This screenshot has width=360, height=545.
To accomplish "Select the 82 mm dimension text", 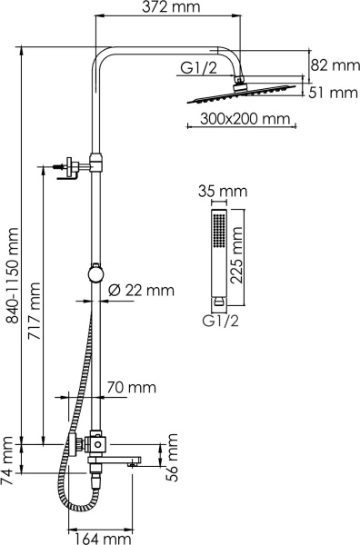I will pyautogui.click(x=331, y=65).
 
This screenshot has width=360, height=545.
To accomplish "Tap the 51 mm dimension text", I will pyautogui.click(x=331, y=92).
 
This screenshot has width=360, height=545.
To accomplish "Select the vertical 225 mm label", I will pyautogui.click(x=237, y=257).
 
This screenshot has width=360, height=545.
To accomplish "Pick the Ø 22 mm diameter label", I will pyautogui.click(x=141, y=291).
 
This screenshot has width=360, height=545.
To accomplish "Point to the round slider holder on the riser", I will pyautogui.click(x=94, y=272).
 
